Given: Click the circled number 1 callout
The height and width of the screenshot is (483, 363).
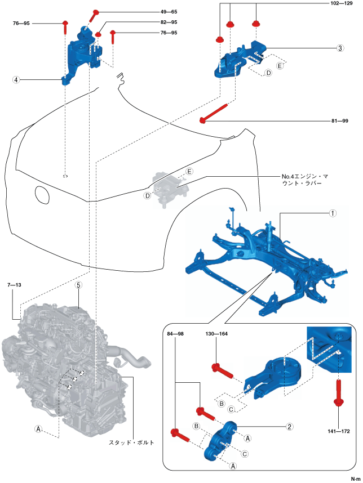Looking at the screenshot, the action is tap(333, 214).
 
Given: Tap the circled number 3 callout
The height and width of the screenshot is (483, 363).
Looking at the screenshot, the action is tap(340, 48).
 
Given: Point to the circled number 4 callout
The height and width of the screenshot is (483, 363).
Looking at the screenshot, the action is tap(17, 80).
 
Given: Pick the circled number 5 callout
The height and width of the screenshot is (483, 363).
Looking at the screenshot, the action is tap(79, 285).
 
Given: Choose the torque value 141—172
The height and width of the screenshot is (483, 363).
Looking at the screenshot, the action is tap(338, 431).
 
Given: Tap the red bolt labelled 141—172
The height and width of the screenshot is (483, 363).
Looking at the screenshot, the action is tap(338, 393).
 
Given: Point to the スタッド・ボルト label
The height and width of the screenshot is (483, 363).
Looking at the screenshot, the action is tap(131, 443).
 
